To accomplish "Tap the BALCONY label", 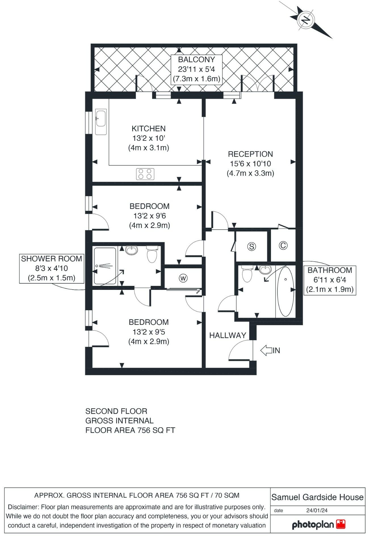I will (x=196, y=60).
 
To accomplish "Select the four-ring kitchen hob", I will (x=145, y=174).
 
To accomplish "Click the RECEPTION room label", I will (x=250, y=154).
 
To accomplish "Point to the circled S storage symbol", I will (x=251, y=246).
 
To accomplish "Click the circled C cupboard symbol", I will (x=283, y=245).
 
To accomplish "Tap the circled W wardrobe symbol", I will (x=183, y=278).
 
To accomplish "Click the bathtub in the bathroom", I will (x=285, y=292).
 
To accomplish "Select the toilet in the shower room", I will (x=152, y=254).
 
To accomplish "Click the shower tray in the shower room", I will (x=105, y=266).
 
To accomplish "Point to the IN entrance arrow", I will (x=266, y=350).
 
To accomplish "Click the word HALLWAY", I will (x=228, y=335).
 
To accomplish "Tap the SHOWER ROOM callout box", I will (x=52, y=268).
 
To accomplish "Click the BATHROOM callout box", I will (x=330, y=280).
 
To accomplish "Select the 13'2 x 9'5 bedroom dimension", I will (x=149, y=332).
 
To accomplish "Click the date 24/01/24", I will (x=317, y=510).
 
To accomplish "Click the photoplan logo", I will (x=318, y=525).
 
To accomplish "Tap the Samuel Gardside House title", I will (x=317, y=497).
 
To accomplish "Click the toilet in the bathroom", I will (x=247, y=274).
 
